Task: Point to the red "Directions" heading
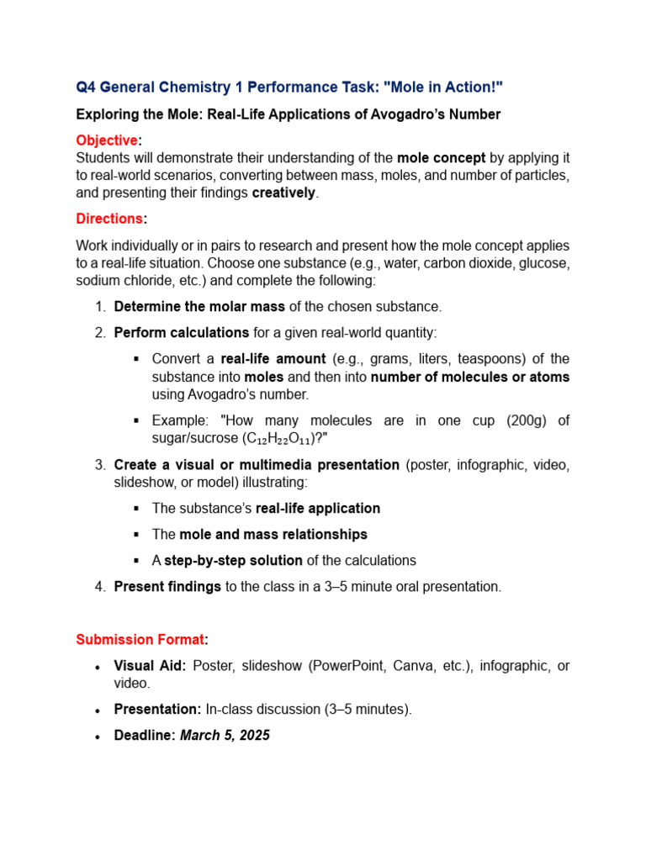pos(109,219)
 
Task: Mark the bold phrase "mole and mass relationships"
pos(272,534)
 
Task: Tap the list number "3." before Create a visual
pos(99,465)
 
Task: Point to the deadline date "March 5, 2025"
pos(225,735)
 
